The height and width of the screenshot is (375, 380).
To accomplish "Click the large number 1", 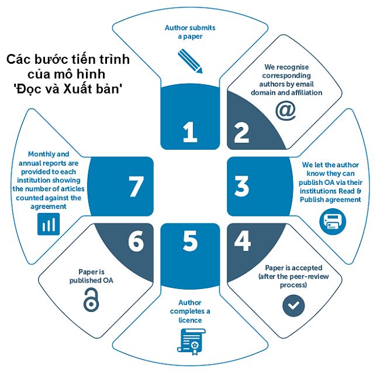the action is (x=190, y=132).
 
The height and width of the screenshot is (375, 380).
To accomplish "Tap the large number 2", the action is (x=241, y=132).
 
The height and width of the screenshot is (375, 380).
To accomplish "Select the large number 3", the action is (x=241, y=186).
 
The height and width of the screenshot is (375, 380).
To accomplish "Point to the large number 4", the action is (x=243, y=240).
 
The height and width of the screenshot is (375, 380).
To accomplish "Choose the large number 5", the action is (x=190, y=240).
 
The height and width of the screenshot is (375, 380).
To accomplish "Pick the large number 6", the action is (x=136, y=241).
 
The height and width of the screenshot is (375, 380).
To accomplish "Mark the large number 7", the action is (x=136, y=186).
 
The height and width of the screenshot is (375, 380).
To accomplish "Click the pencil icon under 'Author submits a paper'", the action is (x=190, y=61).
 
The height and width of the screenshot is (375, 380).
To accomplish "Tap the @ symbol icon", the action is (x=285, y=111).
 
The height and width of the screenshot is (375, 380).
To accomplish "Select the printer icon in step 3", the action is (x=333, y=222).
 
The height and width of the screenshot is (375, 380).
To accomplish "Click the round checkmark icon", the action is (x=293, y=305).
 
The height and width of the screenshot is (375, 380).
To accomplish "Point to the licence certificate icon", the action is (x=191, y=342).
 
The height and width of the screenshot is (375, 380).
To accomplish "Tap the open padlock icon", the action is (x=91, y=300).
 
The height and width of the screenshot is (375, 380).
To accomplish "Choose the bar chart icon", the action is (x=49, y=224).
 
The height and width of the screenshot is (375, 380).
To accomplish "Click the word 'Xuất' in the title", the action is (x=78, y=89).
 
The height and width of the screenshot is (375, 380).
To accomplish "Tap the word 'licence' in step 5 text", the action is (x=190, y=320).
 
